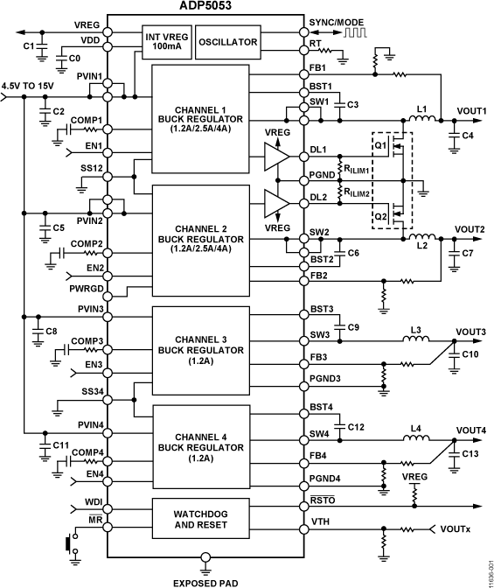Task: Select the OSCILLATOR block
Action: (227, 41)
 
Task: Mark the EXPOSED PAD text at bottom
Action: (205, 581)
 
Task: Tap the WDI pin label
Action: (94, 501)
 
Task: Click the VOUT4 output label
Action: (471, 430)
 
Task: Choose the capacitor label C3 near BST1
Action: (352, 105)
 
